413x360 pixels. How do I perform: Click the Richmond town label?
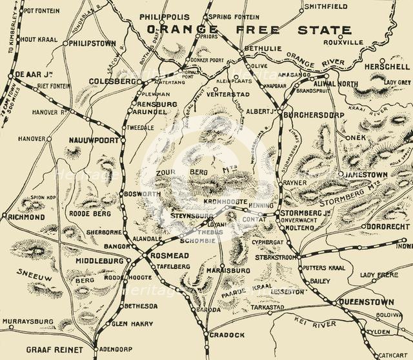27,217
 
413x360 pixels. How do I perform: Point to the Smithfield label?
325,6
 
